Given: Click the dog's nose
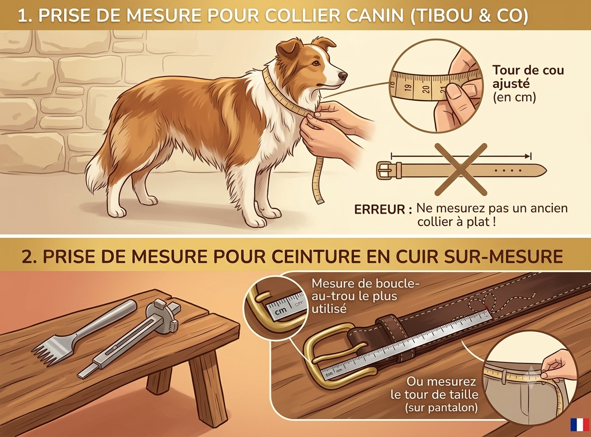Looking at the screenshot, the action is pos(342,75).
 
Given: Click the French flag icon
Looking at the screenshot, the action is pos(580,424).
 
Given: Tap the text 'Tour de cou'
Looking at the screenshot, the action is pos(528,70).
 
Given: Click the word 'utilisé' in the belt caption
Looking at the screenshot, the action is pos(329,309).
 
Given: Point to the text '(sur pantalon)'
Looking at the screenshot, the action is pos(441,408).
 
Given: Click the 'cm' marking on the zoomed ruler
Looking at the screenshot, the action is pos(280,311).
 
